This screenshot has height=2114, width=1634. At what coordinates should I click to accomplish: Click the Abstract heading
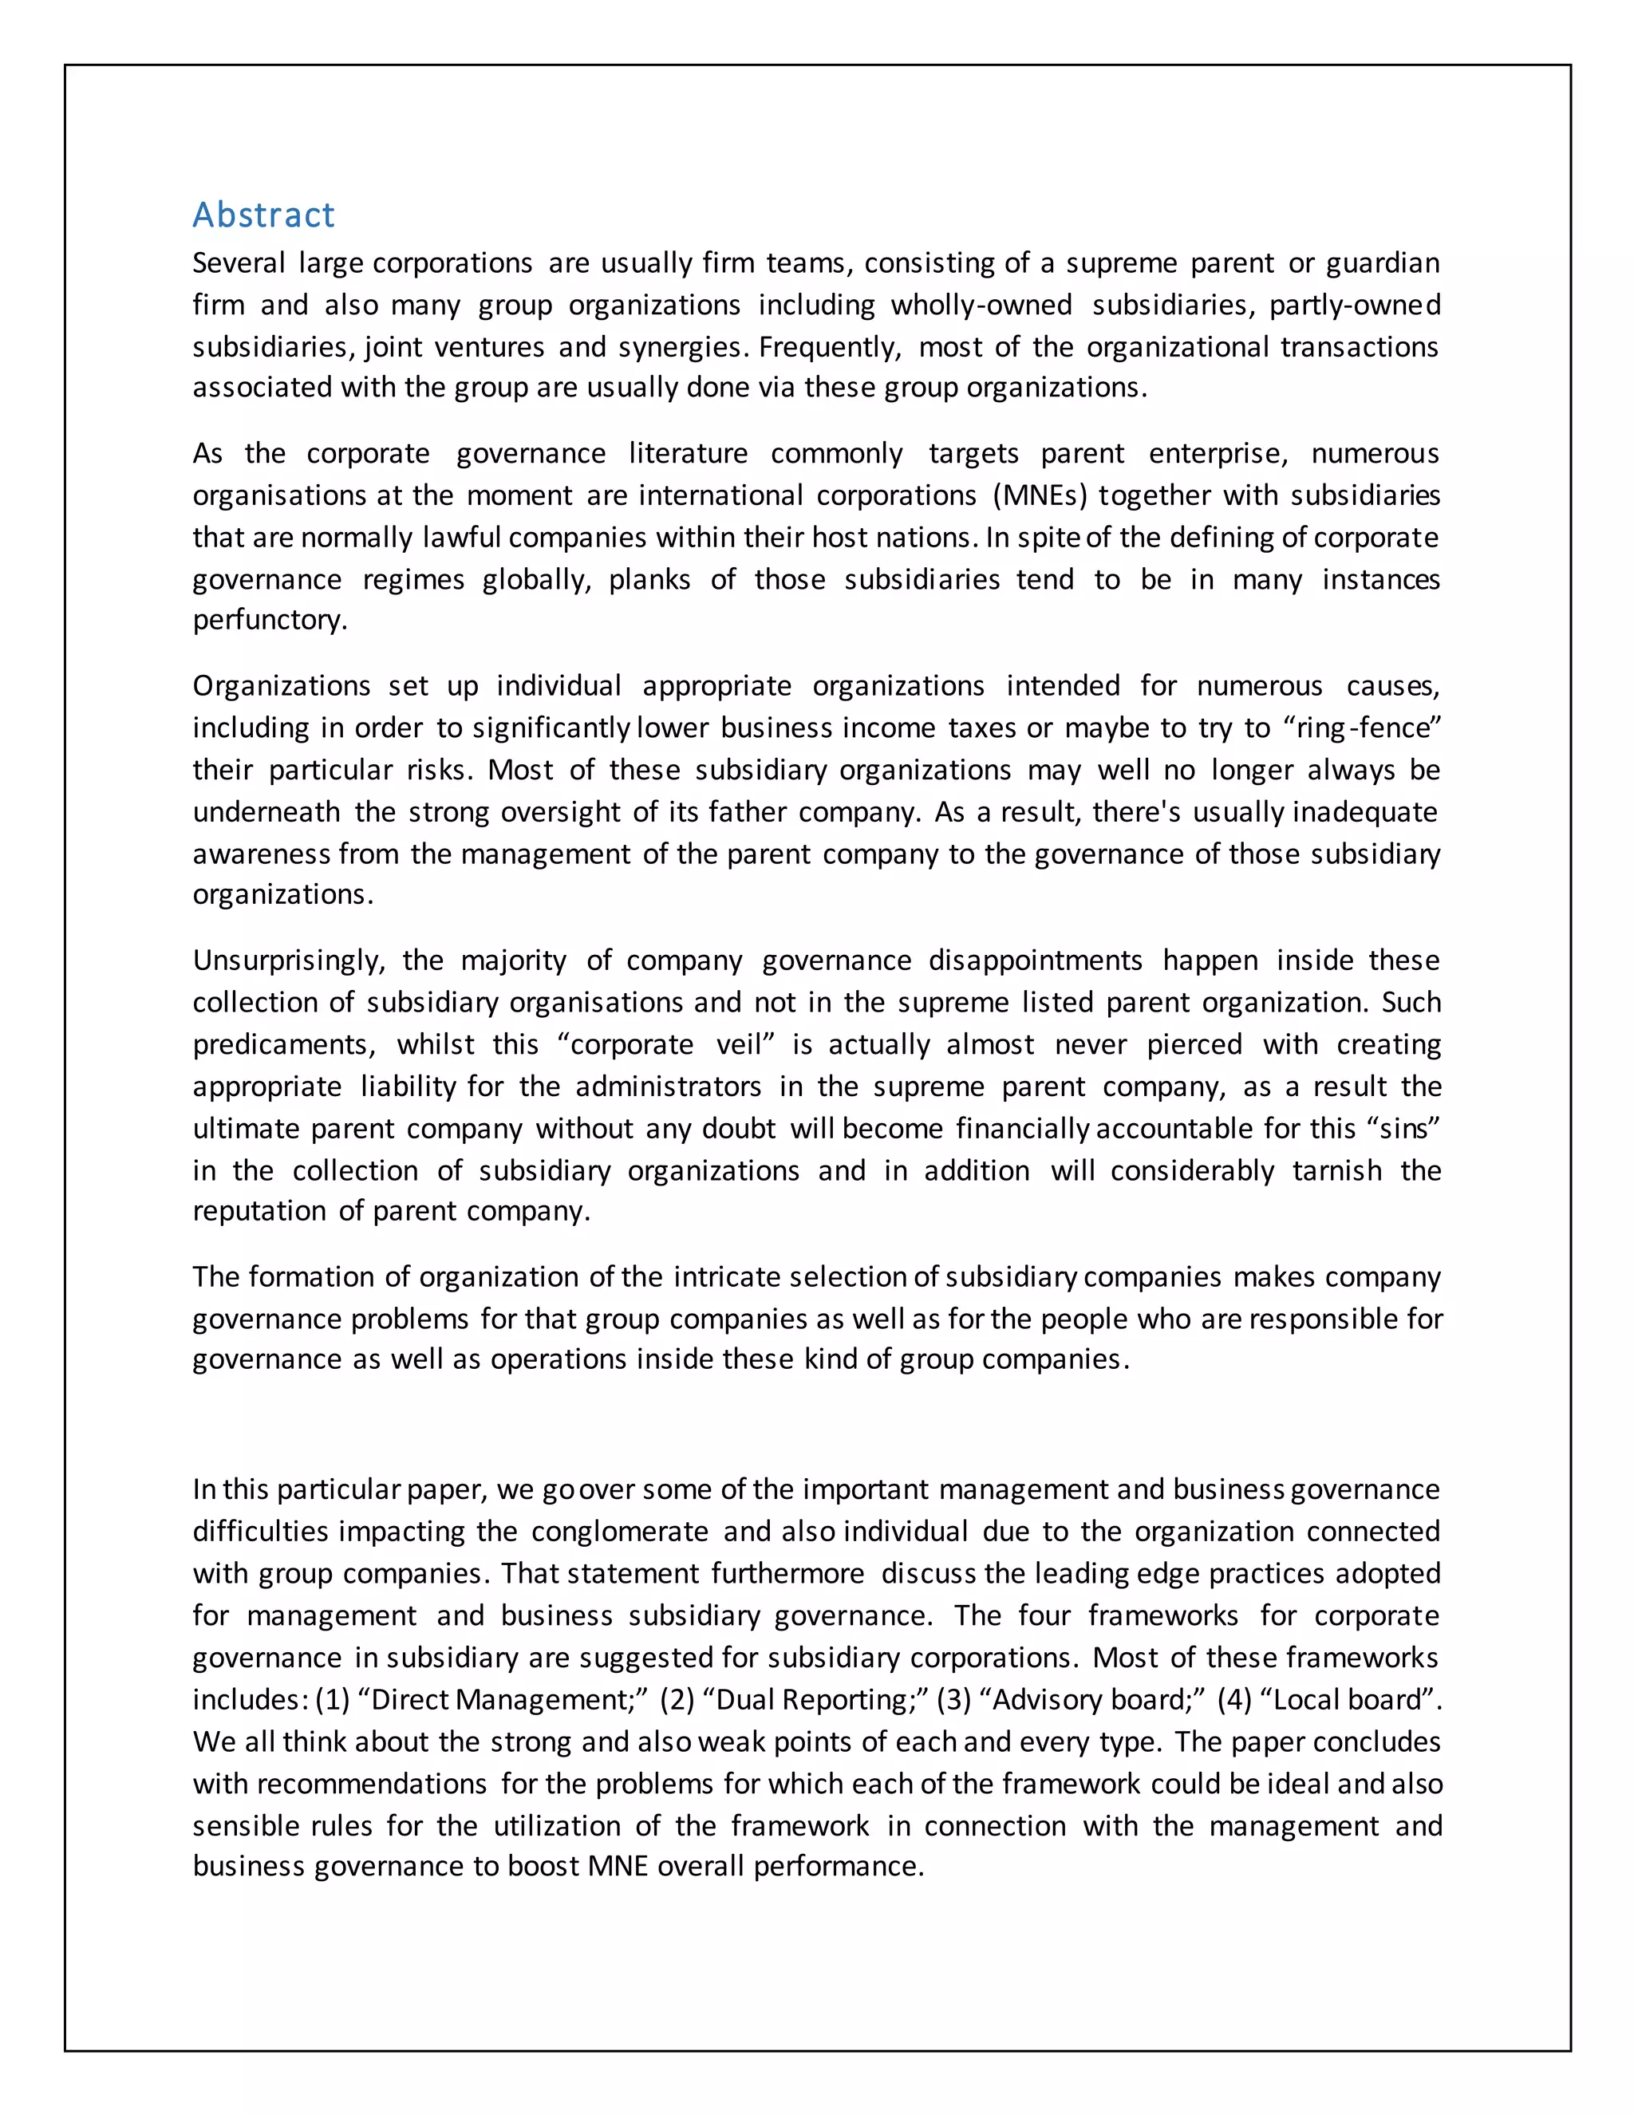(263, 215)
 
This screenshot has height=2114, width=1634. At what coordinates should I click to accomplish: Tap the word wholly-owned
(981, 305)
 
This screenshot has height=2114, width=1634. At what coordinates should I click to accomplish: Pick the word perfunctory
(269, 621)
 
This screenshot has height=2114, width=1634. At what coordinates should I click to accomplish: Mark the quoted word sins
(1403, 1129)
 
